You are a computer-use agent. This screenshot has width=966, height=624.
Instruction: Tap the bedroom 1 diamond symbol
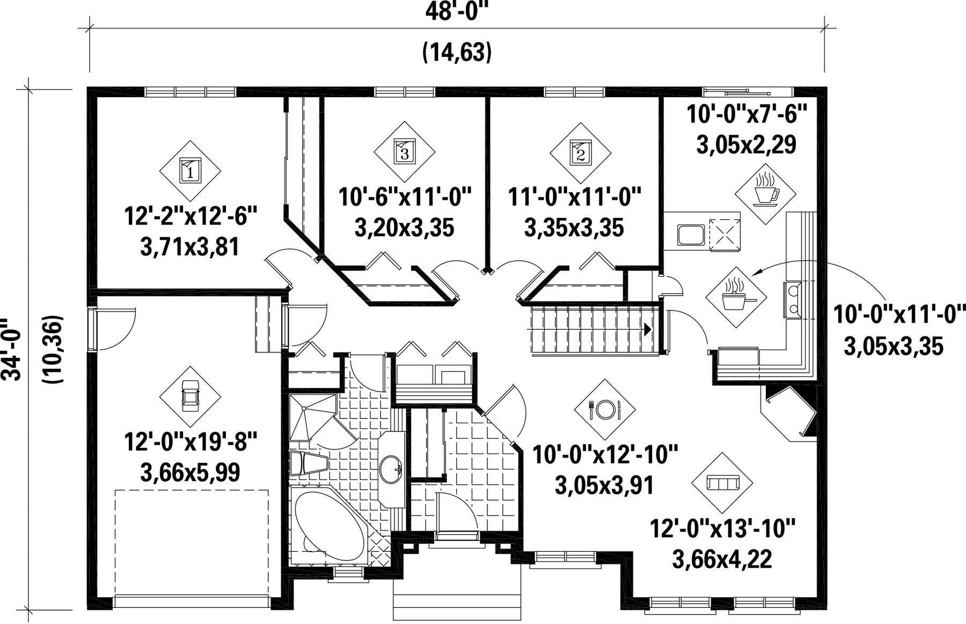coord(190,171)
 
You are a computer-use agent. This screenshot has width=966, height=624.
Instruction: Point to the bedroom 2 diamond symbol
coord(580,152)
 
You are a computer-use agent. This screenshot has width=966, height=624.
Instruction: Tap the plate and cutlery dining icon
coord(605,409)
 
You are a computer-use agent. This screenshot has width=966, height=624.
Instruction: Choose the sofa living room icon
coord(723,483)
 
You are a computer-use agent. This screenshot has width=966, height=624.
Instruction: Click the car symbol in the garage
coord(190,396)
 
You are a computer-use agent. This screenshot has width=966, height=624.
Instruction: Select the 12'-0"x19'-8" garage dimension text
coord(191,443)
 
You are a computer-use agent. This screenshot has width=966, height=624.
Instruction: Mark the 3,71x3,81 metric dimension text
coord(189,248)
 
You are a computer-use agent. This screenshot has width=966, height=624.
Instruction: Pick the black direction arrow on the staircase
coord(648,329)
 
